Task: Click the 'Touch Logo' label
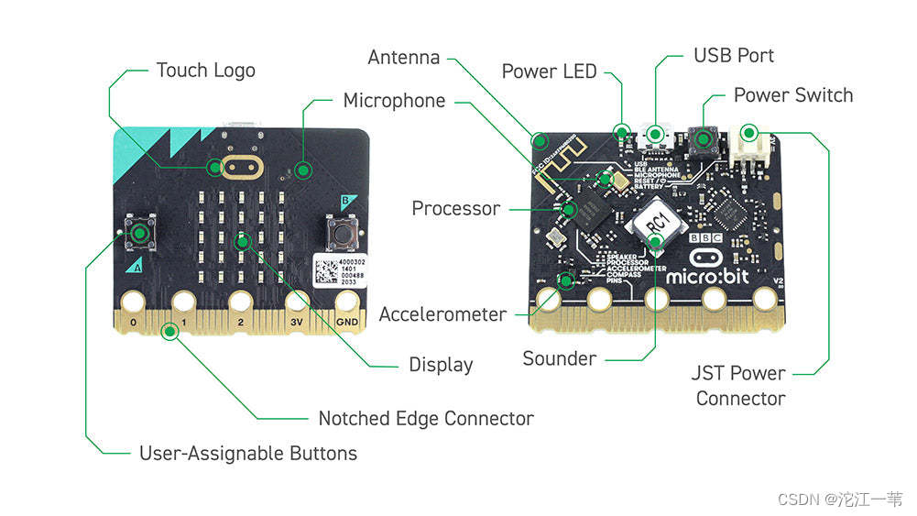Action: click(205, 70)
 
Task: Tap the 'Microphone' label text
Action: click(394, 100)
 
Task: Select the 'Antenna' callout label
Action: click(404, 57)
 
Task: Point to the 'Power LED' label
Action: click(549, 71)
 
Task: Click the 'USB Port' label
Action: click(733, 55)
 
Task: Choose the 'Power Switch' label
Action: click(792, 94)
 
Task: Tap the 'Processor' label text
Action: click(455, 208)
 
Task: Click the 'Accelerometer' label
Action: click(442, 314)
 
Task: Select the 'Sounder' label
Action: click(559, 358)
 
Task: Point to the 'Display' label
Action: click(441, 365)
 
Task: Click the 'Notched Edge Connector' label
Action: click(425, 418)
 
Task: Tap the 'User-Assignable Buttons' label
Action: click(247, 453)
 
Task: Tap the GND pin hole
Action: click(347, 302)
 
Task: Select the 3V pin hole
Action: click(295, 302)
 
